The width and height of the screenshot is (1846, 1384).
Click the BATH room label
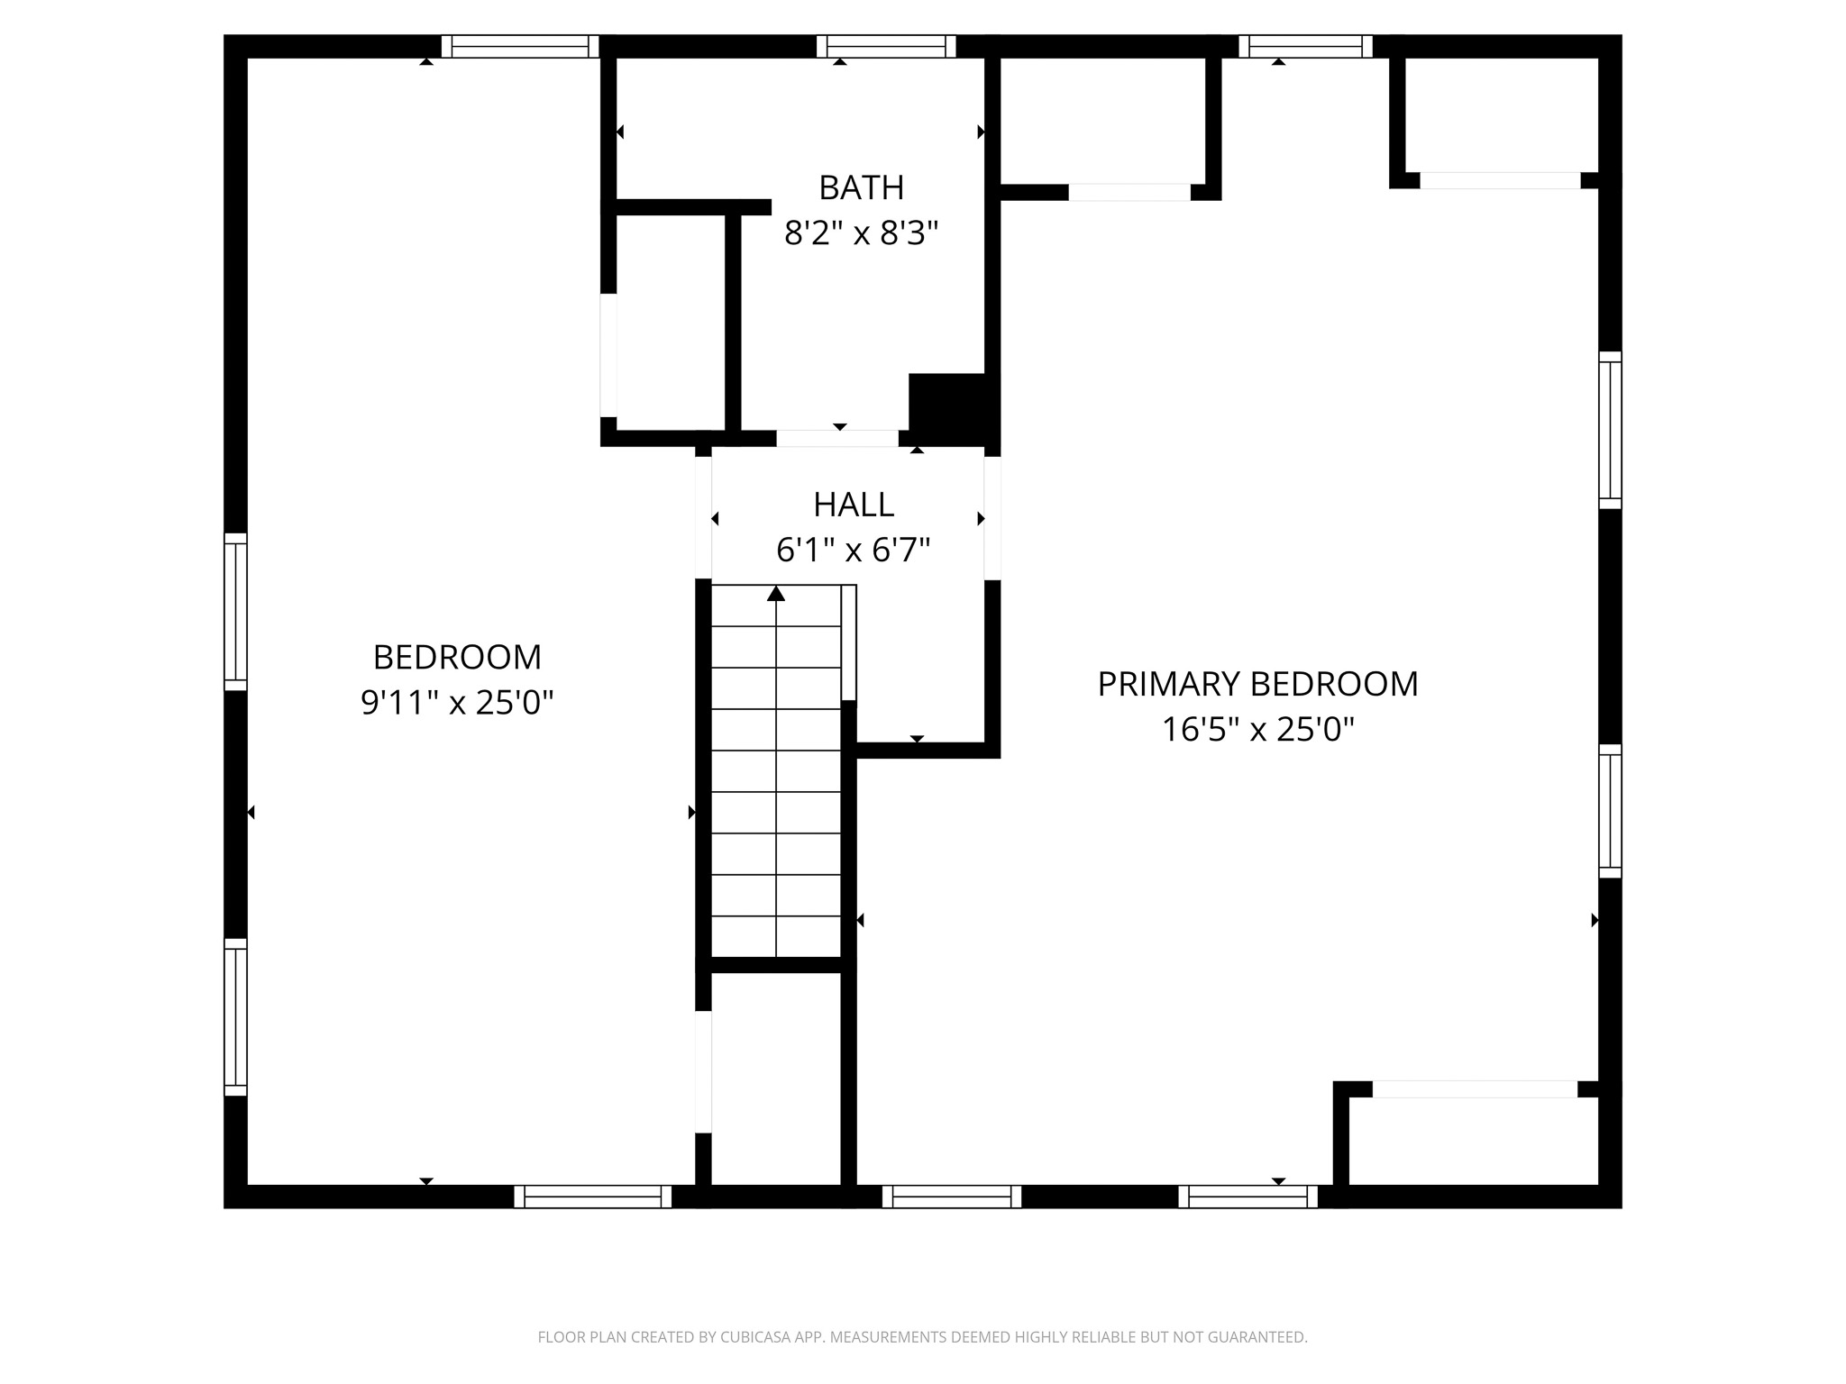point(861,187)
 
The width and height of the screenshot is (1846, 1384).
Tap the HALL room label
point(854,505)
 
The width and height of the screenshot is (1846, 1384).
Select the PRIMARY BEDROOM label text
point(1257,684)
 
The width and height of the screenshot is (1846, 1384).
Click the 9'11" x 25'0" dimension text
point(457,702)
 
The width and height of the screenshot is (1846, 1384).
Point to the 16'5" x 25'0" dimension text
point(1257,729)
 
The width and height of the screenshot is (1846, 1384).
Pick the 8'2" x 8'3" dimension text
point(861,233)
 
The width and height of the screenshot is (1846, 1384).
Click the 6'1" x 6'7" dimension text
point(854,549)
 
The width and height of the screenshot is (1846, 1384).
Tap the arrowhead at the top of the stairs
point(776,593)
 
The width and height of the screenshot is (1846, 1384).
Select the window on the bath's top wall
point(886,46)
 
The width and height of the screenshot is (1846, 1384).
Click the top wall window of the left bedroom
point(520,46)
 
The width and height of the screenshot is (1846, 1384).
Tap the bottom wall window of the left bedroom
point(593,1197)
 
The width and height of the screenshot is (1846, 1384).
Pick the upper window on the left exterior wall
point(235,612)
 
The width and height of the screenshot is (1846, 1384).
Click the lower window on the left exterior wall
point(235,1017)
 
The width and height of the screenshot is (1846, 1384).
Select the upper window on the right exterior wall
point(1611,430)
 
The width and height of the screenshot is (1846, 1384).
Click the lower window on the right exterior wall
point(1611,811)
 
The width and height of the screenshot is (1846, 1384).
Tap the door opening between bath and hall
point(837,439)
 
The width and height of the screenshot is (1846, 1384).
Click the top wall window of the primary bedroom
point(1306,46)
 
